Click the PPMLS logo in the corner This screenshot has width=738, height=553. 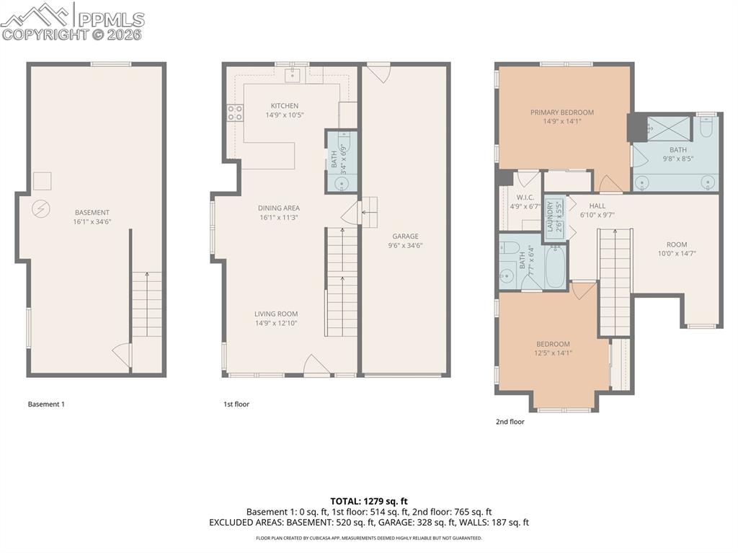point(72,21)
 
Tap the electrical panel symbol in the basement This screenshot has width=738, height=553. point(41,209)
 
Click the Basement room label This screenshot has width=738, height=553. point(92,213)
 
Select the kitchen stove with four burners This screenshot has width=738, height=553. point(236,112)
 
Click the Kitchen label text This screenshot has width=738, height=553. point(284,106)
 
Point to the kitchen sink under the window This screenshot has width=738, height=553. point(293,74)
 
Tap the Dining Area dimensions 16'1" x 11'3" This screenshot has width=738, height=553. point(278,217)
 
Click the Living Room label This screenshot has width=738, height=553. point(275,314)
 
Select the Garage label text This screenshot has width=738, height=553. point(405,236)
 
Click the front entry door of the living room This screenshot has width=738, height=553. point(316,366)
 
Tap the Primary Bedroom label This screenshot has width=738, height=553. point(562,112)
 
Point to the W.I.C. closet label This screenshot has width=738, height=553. point(525,197)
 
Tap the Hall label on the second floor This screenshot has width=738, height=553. point(597,205)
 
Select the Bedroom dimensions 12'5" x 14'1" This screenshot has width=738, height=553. point(553,353)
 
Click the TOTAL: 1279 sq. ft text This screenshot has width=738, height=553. point(369,501)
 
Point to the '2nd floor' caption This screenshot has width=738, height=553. point(510,422)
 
